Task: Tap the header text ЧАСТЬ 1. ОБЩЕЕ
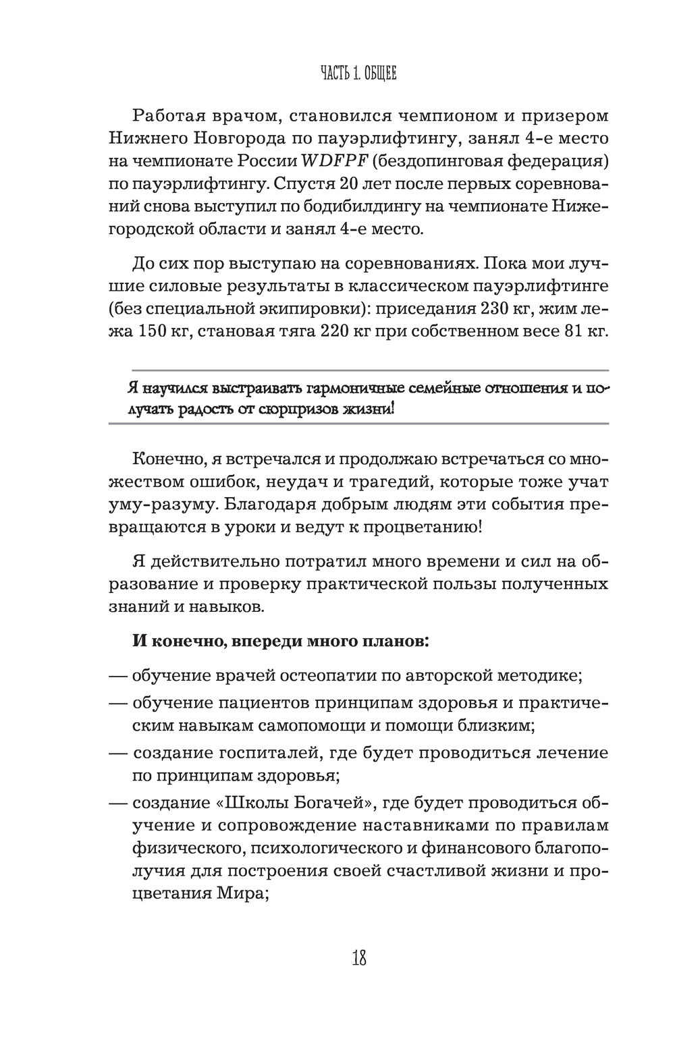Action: pyautogui.click(x=358, y=74)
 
